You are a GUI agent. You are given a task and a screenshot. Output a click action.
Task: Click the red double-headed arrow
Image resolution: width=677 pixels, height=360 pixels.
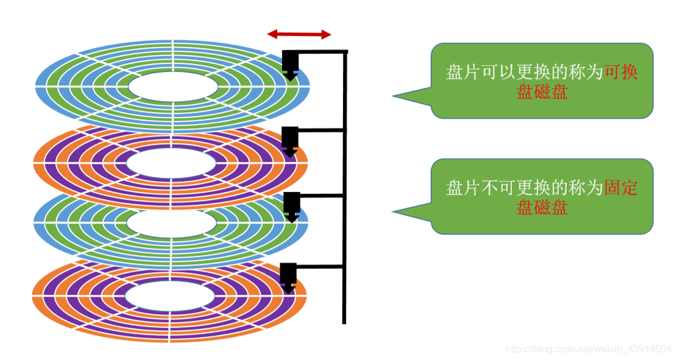(x=299, y=35)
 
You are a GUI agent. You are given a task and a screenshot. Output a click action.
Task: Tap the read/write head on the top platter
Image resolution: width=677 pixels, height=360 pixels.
(x=290, y=65)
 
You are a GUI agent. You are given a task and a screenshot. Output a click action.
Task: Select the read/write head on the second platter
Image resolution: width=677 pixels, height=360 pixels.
(x=290, y=140)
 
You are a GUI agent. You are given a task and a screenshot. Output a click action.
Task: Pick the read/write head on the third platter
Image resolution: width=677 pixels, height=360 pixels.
(x=292, y=206)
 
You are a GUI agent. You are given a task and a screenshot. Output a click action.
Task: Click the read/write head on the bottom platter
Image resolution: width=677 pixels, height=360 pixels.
(x=288, y=277)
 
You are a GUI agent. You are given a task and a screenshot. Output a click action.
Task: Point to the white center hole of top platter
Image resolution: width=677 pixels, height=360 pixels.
(x=173, y=88)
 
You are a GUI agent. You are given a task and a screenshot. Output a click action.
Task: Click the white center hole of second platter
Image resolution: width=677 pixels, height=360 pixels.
(x=171, y=163)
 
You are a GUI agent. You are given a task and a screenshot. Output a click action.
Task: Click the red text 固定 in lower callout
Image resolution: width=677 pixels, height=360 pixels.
(x=621, y=188)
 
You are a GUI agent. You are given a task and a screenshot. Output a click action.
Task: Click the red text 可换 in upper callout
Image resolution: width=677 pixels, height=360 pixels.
(x=621, y=72)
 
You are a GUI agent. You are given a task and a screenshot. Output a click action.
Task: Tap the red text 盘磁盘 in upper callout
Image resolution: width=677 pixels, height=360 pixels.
(x=542, y=93)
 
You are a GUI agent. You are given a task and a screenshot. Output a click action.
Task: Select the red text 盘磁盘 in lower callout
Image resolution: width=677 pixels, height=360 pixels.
(x=542, y=208)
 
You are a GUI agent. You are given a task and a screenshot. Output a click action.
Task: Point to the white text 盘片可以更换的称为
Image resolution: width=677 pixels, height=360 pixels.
(x=524, y=72)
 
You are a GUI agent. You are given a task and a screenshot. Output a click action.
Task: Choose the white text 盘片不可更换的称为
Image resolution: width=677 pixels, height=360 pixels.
(x=524, y=188)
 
